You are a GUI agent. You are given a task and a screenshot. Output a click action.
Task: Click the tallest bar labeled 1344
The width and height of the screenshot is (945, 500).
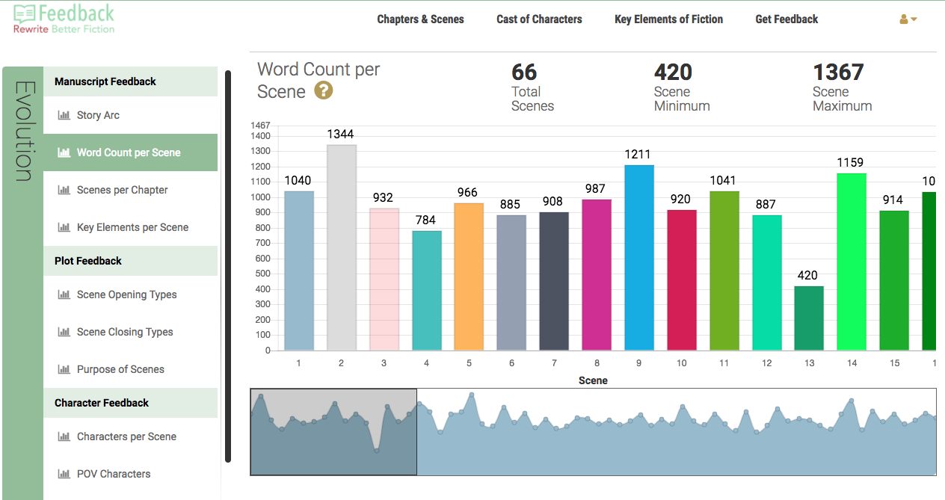[341, 247]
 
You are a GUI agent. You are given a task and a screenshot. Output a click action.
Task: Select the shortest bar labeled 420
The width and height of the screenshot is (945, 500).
[809, 318]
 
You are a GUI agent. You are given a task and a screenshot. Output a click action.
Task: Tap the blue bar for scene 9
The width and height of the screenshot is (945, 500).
[639, 258]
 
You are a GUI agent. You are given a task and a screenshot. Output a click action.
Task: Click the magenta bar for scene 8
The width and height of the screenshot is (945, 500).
[597, 275]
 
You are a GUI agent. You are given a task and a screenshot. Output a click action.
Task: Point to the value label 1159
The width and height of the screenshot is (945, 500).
[851, 162]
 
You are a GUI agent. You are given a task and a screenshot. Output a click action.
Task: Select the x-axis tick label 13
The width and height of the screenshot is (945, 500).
[810, 363]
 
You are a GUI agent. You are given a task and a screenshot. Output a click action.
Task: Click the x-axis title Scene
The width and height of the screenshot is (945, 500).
[593, 380]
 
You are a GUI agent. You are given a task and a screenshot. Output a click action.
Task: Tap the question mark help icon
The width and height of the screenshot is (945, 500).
[324, 91]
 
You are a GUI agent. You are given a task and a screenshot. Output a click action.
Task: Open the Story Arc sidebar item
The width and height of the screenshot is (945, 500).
[98, 115]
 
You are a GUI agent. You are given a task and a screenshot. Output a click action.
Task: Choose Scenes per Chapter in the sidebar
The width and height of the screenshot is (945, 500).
[122, 190]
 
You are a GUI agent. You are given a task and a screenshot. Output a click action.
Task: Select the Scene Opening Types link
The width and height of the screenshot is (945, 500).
[126, 294]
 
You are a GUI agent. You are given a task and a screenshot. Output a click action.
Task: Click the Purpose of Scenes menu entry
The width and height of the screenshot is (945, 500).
[120, 369]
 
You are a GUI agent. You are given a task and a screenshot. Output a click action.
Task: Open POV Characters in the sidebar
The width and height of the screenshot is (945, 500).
[114, 474]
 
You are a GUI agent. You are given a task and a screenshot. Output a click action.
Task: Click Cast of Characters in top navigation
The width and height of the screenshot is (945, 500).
[539, 19]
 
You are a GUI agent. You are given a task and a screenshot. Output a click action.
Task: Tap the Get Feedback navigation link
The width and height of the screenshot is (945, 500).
[787, 19]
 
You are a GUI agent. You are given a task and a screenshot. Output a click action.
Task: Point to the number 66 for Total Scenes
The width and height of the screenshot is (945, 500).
[524, 72]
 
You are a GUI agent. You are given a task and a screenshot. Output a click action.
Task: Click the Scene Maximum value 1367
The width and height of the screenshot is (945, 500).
[838, 72]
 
